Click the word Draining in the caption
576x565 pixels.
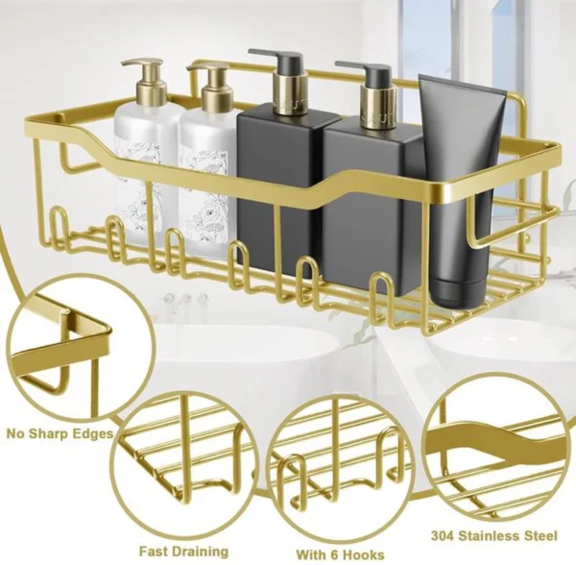tap(201, 552)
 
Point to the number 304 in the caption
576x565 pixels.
tap(445, 535)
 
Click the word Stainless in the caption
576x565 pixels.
tap(492, 535)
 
